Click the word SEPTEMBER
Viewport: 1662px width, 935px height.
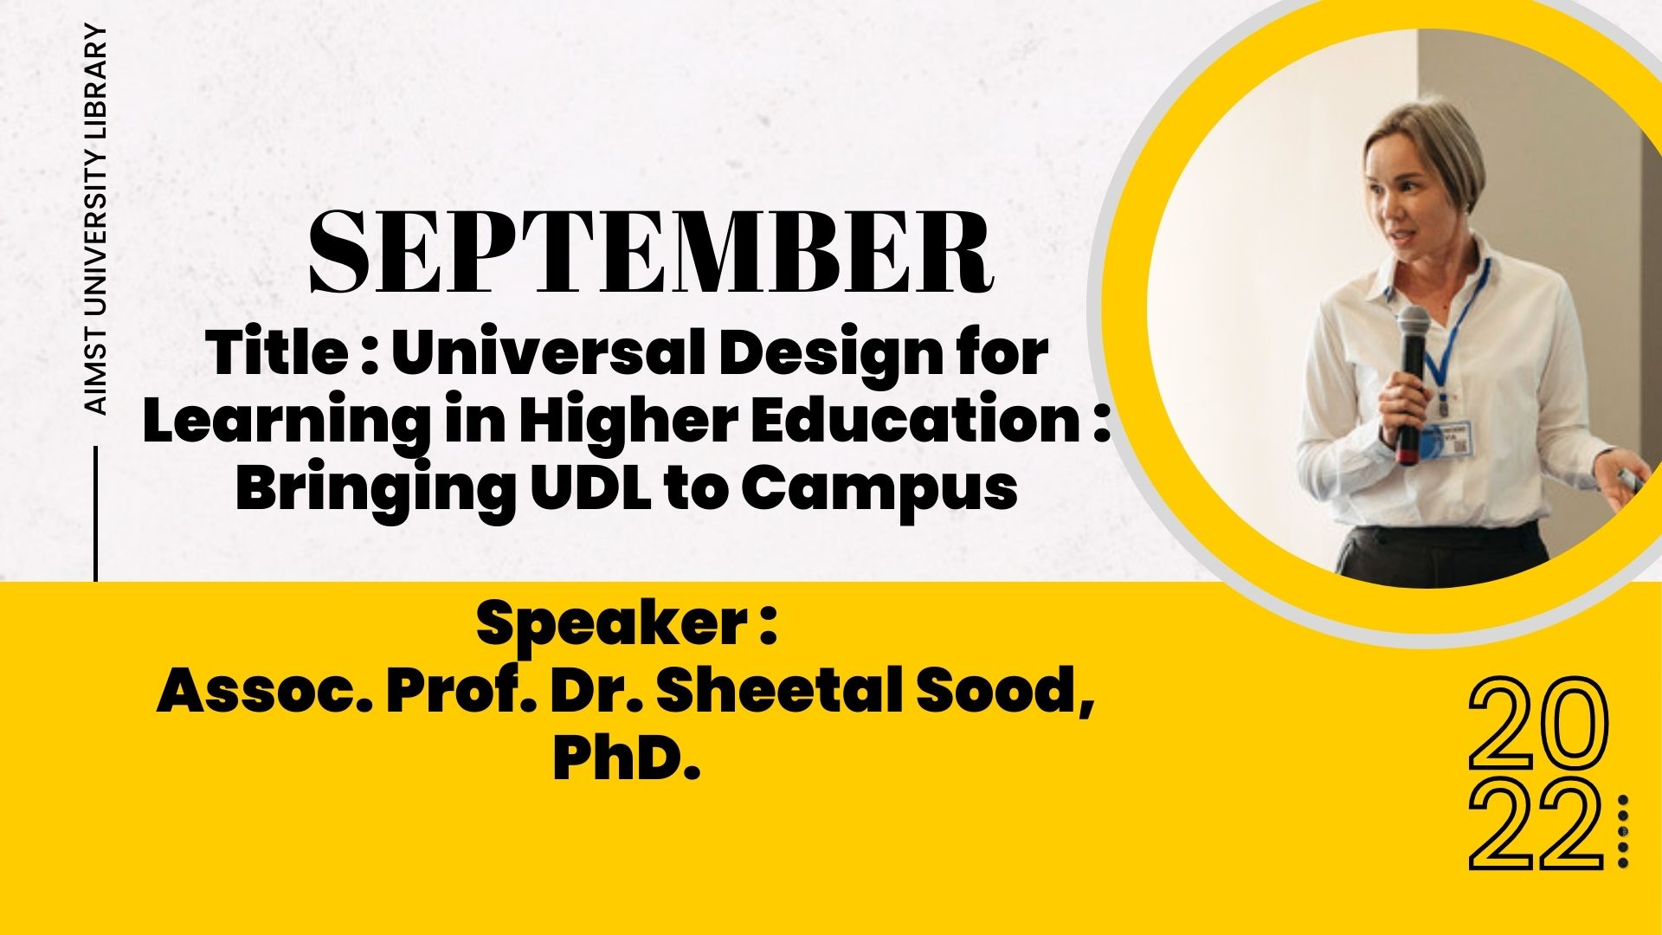click(651, 250)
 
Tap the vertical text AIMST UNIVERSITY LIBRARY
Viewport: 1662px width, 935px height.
click(98, 220)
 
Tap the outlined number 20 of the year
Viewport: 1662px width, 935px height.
click(1538, 725)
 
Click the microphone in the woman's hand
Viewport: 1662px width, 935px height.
click(1412, 382)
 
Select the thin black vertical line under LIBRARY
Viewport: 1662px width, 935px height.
click(95, 513)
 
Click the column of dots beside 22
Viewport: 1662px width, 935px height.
click(1623, 831)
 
